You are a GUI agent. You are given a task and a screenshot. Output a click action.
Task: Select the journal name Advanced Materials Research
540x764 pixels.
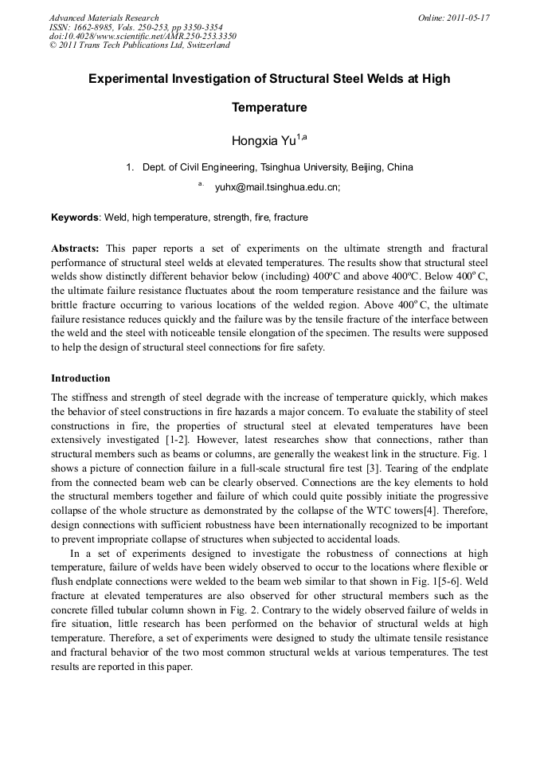104,18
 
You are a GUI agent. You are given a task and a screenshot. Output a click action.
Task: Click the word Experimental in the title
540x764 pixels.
128,79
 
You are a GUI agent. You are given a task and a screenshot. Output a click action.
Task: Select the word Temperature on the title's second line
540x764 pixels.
269,108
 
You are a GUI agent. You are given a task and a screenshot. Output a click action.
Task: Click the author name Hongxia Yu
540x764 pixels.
264,141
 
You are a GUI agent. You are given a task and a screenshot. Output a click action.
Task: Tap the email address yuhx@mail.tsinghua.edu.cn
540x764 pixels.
277,187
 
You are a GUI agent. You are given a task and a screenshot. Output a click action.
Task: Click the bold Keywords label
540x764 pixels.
75,217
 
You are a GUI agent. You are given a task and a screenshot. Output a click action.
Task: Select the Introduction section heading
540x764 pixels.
80,378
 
